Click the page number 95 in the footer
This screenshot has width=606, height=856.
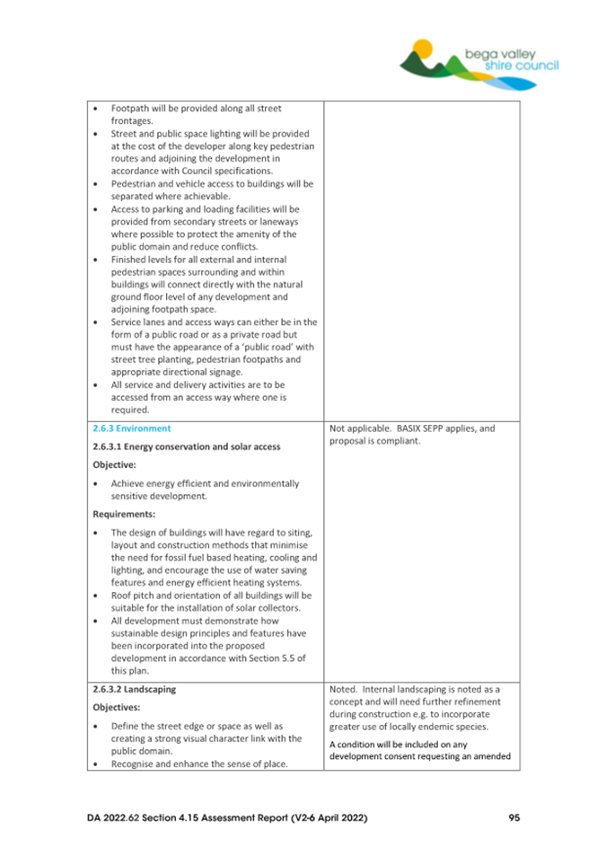pos(514,817)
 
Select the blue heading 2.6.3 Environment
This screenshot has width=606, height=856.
pos(131,428)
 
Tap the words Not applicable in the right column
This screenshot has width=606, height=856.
pos(357,428)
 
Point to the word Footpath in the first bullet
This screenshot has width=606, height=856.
pos(131,110)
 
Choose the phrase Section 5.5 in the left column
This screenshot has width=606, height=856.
pos(284,657)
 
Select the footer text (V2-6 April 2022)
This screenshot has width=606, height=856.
pos(320,817)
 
